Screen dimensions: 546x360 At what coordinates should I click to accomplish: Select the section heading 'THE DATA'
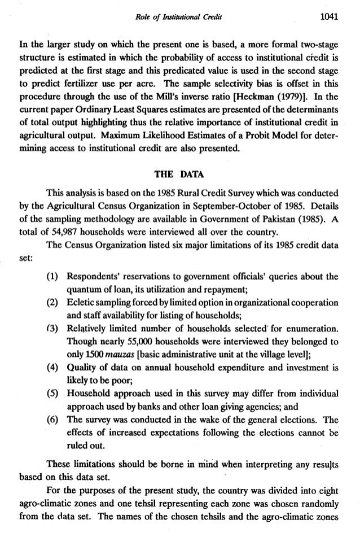(x=180, y=174)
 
